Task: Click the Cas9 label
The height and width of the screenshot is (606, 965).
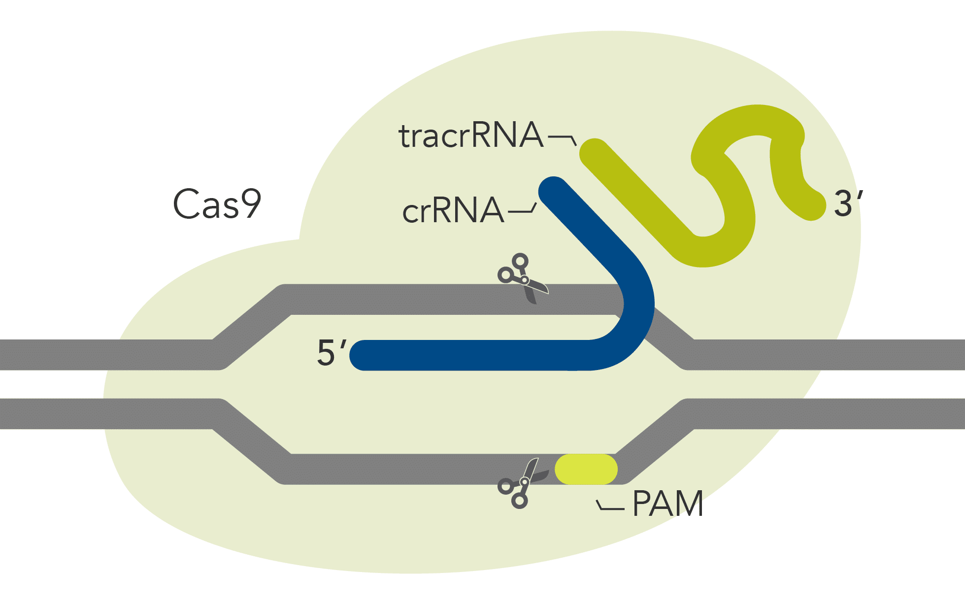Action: pyautogui.click(x=217, y=203)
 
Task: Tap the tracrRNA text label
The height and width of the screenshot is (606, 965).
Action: pyautogui.click(x=470, y=135)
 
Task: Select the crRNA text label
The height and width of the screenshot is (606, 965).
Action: pyautogui.click(x=453, y=211)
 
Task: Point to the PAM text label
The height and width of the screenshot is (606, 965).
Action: pyautogui.click(x=667, y=504)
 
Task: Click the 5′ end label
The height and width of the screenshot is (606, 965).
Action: pyautogui.click(x=331, y=353)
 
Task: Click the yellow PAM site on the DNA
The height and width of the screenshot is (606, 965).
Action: pyautogui.click(x=586, y=469)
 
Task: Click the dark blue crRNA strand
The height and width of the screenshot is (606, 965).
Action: pyautogui.click(x=493, y=355)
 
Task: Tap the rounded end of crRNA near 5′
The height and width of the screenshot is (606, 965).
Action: pyautogui.click(x=364, y=355)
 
